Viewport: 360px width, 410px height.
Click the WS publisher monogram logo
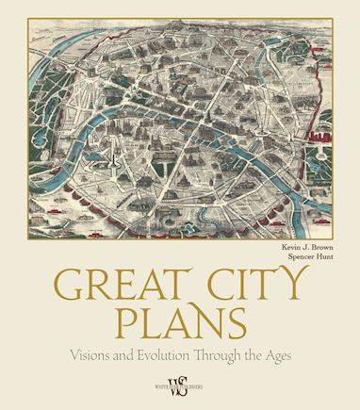click(x=179, y=385)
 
